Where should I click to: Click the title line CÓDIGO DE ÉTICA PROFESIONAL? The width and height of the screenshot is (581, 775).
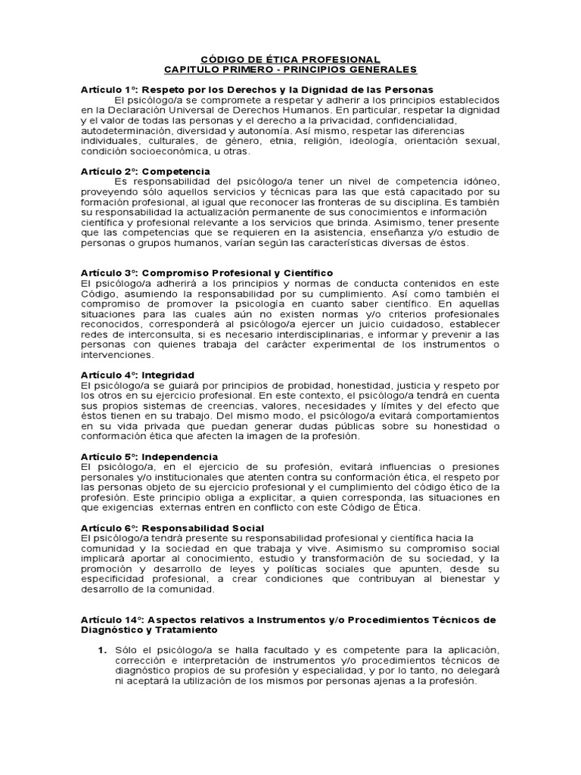[x=290, y=59]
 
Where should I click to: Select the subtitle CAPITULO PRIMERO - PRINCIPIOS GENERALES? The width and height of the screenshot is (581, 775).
[x=290, y=70]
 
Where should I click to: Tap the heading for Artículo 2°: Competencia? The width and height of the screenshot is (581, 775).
[x=145, y=172]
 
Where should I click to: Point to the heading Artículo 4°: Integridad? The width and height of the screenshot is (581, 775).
[x=138, y=375]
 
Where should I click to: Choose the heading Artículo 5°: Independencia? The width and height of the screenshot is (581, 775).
[x=149, y=456]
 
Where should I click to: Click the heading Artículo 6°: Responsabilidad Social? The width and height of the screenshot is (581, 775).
[x=172, y=528]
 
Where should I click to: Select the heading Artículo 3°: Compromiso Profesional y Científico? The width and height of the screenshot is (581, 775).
[x=207, y=272]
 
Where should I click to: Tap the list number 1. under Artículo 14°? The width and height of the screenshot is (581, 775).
[x=101, y=650]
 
